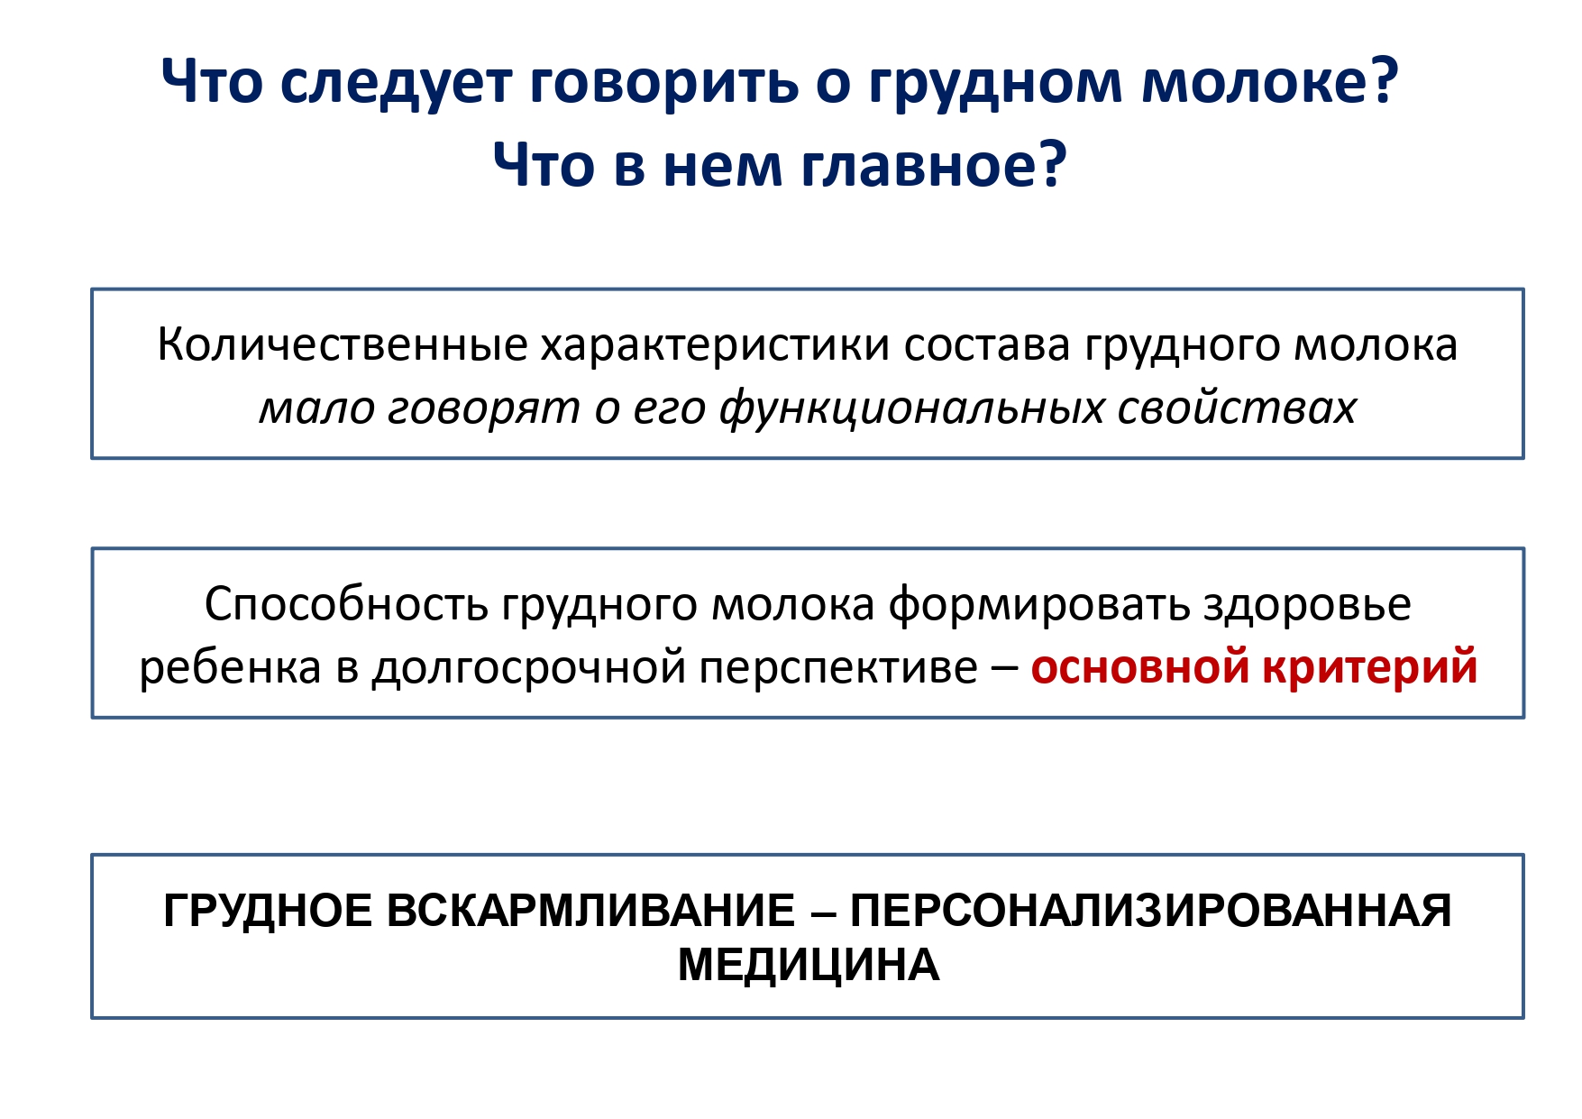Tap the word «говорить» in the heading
[664, 84]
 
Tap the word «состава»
[987, 346]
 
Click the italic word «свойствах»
[1237, 408]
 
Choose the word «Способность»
[346, 605]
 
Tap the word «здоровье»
[1307, 605]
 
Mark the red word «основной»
[1140, 667]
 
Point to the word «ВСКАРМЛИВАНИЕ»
[590, 911]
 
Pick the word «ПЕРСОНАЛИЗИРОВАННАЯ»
[1150, 911]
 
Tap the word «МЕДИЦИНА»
[809, 966]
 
